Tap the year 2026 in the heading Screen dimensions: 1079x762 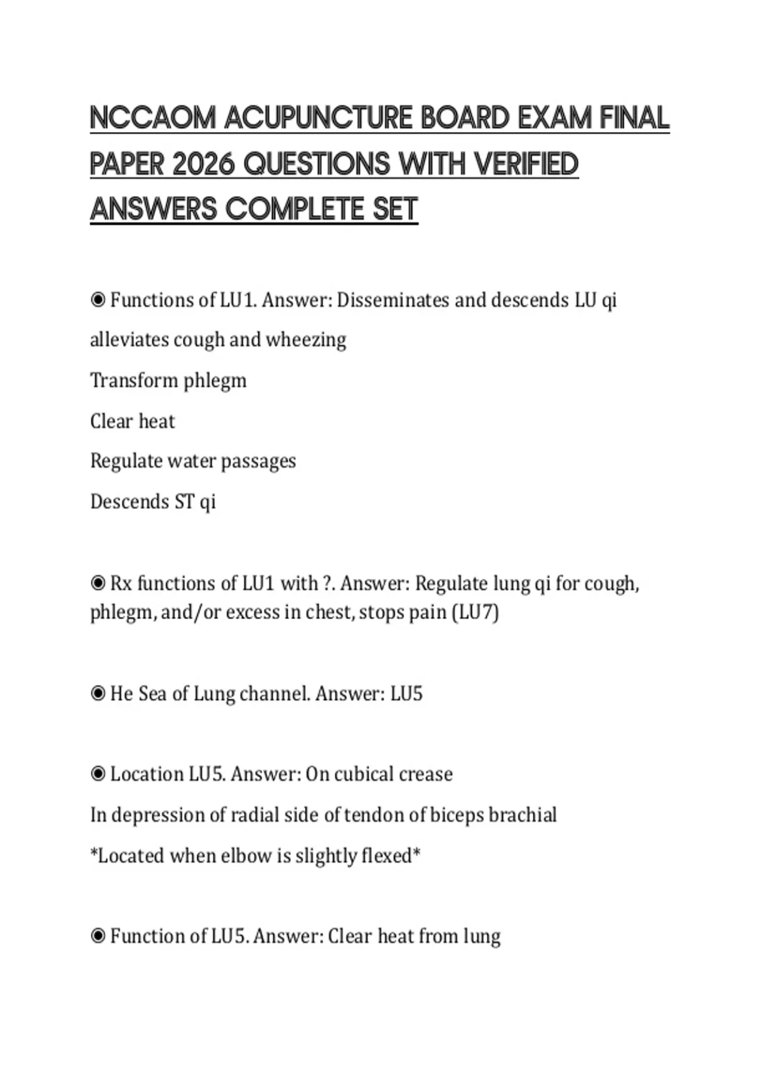[x=204, y=164]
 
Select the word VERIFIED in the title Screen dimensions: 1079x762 [x=526, y=164]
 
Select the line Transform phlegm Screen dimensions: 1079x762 [x=168, y=381]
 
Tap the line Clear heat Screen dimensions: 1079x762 [x=132, y=421]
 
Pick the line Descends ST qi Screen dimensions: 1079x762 [x=153, y=502]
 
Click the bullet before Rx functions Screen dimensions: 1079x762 [x=98, y=583]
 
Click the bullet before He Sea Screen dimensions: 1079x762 [x=98, y=694]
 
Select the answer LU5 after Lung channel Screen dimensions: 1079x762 [x=406, y=694]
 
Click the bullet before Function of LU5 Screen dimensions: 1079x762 [x=98, y=936]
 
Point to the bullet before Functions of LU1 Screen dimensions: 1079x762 [x=98, y=300]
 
